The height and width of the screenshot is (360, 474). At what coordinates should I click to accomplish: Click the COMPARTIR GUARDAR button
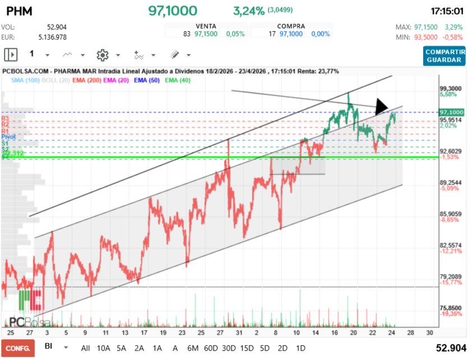point(444,56)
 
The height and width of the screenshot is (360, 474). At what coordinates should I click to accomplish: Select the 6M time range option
point(193,348)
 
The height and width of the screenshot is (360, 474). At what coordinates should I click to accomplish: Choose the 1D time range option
point(300,348)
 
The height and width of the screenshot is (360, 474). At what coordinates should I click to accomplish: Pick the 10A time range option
point(104,348)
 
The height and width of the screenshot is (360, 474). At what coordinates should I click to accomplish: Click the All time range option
point(85,348)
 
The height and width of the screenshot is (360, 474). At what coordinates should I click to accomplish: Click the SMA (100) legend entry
point(25,80)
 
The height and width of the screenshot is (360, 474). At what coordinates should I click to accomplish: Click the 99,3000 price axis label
point(450,88)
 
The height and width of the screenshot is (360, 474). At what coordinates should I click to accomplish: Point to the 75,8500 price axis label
point(450,308)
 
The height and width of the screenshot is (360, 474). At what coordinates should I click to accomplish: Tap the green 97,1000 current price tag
point(452,112)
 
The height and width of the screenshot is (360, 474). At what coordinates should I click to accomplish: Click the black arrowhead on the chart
point(381,106)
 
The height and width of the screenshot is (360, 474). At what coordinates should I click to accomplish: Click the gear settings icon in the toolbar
point(102,55)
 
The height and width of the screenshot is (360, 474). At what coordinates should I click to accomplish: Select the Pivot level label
point(8,137)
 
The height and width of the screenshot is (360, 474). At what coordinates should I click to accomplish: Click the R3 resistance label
point(5,119)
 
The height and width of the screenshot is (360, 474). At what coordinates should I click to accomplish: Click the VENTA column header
point(205,26)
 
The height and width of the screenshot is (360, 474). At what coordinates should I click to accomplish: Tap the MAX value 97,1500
point(426,27)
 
